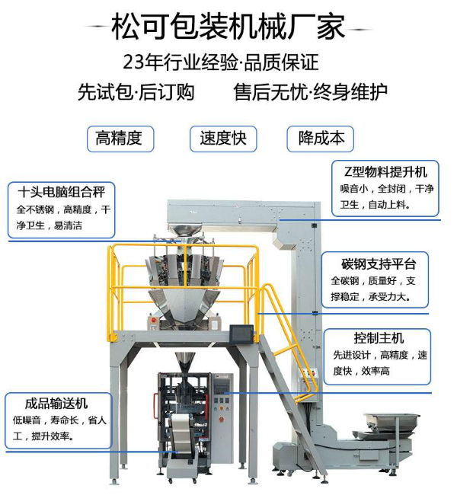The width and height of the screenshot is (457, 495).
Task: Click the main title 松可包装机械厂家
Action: pos(228,27)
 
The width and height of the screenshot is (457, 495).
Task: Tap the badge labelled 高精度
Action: pos(120,139)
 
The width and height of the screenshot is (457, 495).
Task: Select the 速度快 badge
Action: pos(223,139)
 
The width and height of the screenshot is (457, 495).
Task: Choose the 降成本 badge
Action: pos(320,139)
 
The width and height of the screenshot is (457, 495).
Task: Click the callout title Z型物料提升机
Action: pos(385,172)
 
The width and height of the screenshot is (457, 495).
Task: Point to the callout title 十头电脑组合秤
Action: pos(61,192)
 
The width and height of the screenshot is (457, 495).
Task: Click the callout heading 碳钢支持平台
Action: pos(379,264)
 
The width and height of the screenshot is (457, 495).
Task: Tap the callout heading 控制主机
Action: pos(379,338)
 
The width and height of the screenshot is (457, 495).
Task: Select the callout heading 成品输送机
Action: pos(56,404)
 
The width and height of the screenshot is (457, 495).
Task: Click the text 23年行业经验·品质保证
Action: pos(220,62)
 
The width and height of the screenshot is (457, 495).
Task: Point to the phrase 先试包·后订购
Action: pos(136,92)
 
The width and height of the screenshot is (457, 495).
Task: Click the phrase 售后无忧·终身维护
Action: pos(311,92)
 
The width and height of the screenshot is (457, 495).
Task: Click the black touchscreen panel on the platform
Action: pos(241,334)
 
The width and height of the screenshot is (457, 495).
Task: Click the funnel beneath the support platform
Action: pos(184,362)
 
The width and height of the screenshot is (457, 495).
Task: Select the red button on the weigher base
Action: pos(154,320)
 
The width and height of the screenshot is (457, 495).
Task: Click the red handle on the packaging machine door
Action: pos(155,406)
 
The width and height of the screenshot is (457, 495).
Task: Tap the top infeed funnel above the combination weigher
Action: pos(184,230)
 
